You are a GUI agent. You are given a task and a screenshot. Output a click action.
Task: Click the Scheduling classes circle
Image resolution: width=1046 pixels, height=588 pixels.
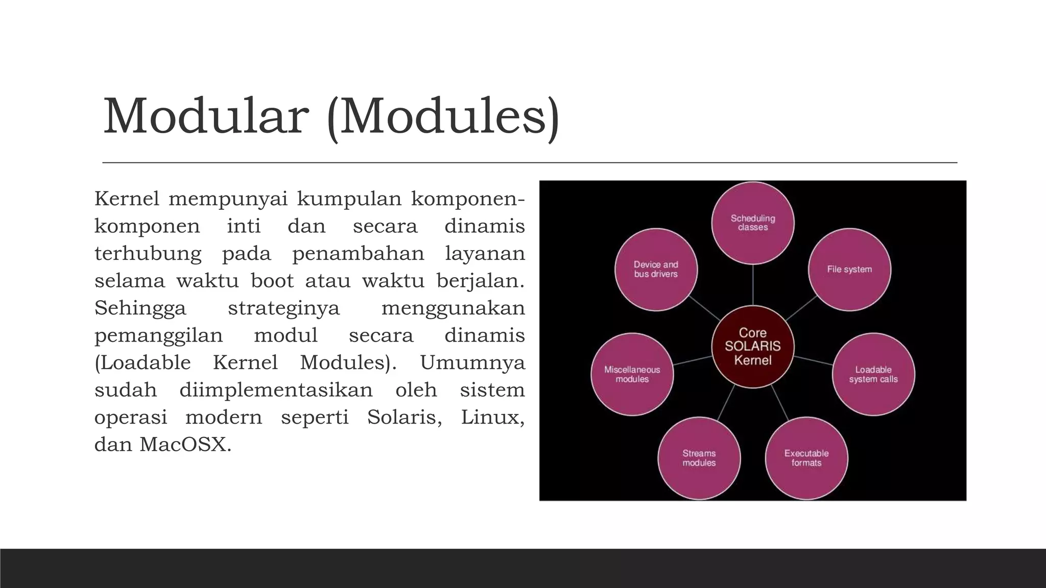(753, 223)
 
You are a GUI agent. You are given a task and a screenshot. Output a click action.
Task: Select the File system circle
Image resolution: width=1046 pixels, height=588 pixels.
(849, 269)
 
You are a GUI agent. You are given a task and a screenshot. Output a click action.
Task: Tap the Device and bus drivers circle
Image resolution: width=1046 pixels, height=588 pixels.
(656, 269)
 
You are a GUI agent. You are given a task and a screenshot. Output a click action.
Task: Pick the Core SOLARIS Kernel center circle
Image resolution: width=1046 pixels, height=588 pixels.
(753, 347)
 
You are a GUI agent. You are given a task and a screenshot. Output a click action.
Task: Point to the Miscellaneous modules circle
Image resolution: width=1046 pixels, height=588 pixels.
(632, 374)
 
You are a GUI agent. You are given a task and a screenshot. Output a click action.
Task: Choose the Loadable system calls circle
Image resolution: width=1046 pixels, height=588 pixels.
(873, 374)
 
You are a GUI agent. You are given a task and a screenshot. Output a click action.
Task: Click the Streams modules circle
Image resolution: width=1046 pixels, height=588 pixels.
(699, 458)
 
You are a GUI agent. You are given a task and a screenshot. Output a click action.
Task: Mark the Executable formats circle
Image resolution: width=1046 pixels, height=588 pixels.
(806, 458)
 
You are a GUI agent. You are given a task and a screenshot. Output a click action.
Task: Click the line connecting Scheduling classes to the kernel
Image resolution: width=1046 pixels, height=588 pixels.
(753, 285)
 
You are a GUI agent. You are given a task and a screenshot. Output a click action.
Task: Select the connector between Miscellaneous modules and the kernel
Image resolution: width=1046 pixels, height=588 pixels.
(693, 360)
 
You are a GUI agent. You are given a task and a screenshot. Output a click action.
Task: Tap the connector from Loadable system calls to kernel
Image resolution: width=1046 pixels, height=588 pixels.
(814, 360)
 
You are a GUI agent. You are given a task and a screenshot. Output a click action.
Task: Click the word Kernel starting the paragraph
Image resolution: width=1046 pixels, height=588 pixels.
(127, 199)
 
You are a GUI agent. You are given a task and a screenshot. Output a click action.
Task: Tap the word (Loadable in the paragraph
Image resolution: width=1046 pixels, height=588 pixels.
(142, 363)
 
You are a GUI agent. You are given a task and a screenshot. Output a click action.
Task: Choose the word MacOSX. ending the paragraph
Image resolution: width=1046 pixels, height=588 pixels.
(185, 445)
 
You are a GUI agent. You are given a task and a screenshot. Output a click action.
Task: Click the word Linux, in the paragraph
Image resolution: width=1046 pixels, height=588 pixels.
(492, 418)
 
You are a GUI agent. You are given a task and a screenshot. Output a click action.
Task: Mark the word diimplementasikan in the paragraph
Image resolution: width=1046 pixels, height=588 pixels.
(276, 390)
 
